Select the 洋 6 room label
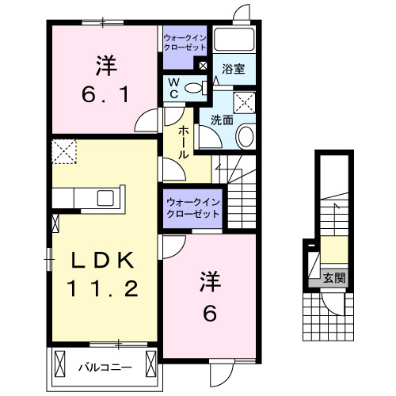pyautogui.click(x=209, y=296)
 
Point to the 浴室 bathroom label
pyautogui.click(x=233, y=70)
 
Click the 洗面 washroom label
pyautogui.click(x=222, y=120)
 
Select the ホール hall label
pyautogui.click(x=184, y=142)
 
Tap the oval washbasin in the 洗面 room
pyautogui.click(x=246, y=136)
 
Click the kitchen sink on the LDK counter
pyautogui.click(x=105, y=198)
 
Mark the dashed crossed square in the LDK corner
pyautogui.click(x=63, y=150)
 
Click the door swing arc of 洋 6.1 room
pyautogui.click(x=147, y=123)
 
